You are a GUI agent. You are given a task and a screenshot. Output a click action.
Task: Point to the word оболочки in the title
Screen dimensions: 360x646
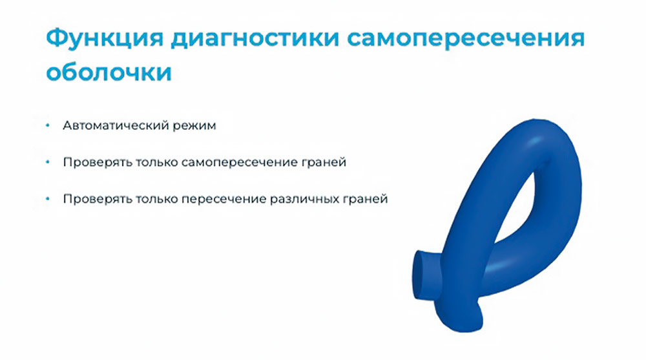click(x=109, y=72)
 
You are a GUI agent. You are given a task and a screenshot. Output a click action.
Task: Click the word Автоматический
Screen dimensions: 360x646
click(x=113, y=126)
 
